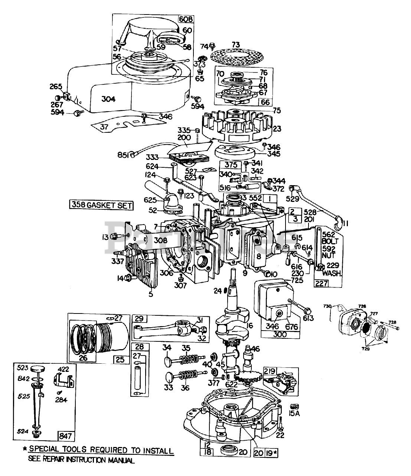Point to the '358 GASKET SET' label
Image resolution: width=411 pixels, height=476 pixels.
[101, 205]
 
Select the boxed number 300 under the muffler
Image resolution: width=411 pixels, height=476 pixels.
[280, 334]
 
